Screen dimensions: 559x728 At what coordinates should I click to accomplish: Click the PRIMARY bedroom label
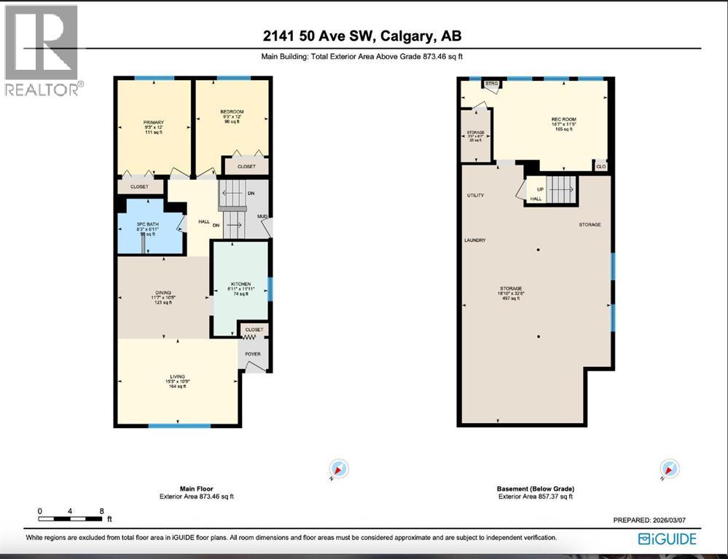pos(153,122)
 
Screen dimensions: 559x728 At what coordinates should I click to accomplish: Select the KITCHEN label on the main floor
pos(241,284)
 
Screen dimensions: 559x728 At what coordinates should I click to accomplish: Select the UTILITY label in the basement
pos(475,196)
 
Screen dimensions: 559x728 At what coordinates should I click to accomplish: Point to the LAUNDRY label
pos(474,240)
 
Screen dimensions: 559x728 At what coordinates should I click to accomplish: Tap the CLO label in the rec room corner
pos(600,166)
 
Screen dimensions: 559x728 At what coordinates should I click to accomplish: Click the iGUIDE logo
pos(667,539)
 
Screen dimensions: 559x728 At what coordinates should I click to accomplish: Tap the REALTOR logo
pos(42,51)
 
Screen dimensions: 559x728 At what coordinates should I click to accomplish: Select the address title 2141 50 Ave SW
pos(363,36)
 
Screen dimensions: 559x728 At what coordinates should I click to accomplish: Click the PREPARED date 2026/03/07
pos(652,521)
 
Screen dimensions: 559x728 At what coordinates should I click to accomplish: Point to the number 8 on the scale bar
pos(101,511)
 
